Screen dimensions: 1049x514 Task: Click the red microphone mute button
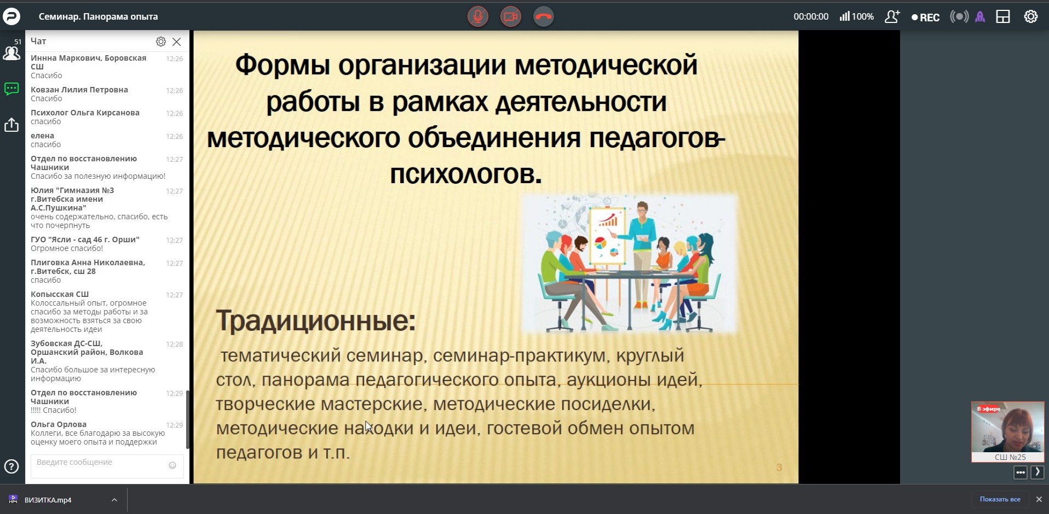click(x=478, y=16)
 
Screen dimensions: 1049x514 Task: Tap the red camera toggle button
click(x=511, y=16)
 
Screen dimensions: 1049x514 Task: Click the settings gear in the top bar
click(x=1031, y=16)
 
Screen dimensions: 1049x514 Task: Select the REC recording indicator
click(x=925, y=17)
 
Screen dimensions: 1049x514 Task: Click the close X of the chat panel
click(x=176, y=42)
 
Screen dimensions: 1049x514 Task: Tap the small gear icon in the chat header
click(x=161, y=42)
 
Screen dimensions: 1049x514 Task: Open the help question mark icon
click(x=11, y=466)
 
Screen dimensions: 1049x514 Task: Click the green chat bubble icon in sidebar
click(x=11, y=89)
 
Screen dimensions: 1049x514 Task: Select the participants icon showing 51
click(x=11, y=51)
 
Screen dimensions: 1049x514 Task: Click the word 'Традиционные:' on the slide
click(x=316, y=320)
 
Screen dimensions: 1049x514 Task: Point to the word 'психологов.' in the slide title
click(x=466, y=174)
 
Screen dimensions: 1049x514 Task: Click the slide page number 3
click(x=779, y=468)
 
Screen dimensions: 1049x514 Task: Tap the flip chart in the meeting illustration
click(x=607, y=235)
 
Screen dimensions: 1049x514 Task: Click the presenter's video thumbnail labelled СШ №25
click(x=1008, y=432)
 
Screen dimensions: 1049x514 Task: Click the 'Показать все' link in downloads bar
click(x=1000, y=499)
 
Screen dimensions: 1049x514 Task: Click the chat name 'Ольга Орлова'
click(x=59, y=424)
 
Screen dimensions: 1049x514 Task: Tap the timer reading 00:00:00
click(x=811, y=17)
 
